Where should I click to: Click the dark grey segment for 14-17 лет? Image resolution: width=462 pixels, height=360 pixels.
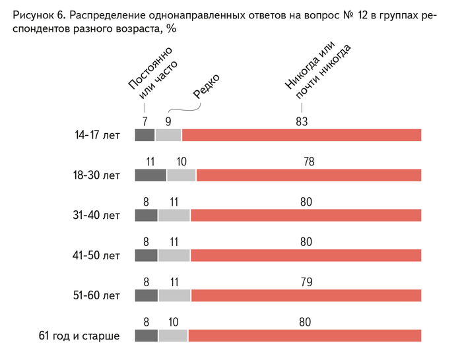pos(145,135)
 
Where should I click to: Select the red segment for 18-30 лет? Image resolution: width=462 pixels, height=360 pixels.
pos(308,175)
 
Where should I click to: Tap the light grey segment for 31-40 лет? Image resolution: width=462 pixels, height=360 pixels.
pos(174,216)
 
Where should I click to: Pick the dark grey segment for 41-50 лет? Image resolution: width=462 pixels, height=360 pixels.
pos(146,256)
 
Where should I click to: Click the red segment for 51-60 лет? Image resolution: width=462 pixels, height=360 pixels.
pos(306,296)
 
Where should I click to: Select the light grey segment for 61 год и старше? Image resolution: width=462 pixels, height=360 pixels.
pos(173,336)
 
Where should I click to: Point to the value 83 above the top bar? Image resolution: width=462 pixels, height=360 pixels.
pos(302,121)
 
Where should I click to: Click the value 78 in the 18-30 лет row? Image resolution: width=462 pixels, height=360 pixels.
pos(308,162)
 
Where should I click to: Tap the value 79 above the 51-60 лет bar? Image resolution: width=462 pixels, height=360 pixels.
pos(306,282)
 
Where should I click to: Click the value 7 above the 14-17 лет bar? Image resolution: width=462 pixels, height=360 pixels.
pos(145,121)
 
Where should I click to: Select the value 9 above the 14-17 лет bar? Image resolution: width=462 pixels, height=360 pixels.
pos(168,121)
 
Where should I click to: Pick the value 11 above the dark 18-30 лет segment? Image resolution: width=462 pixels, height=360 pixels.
pos(150,162)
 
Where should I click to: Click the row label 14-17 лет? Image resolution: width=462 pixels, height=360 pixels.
pos(98,136)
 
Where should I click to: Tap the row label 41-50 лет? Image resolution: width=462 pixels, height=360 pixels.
pos(97,256)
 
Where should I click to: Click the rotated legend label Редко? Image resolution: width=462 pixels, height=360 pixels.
pos(207,85)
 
